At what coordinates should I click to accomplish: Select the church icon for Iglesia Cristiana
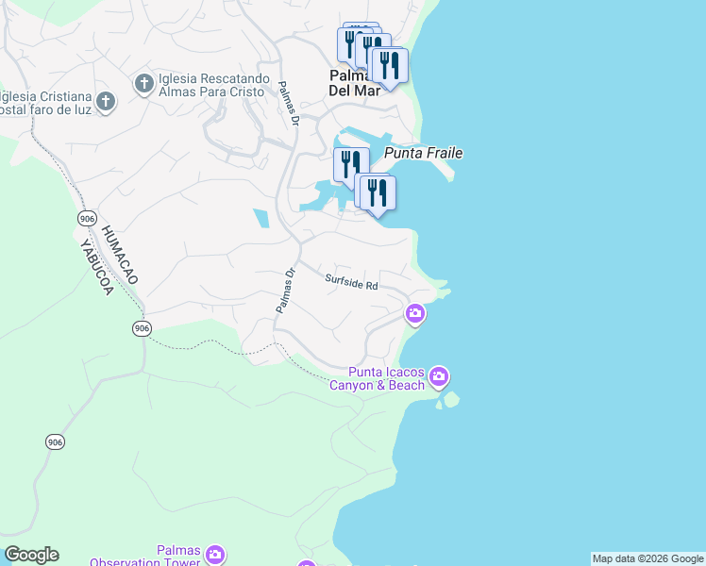pyautogui.click(x=105, y=101)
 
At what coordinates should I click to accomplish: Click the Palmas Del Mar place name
pyautogui.click(x=354, y=83)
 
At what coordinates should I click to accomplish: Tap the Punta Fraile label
pyautogui.click(x=423, y=153)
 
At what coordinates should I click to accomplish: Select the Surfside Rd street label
pyautogui.click(x=351, y=281)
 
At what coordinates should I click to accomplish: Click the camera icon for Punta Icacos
pyautogui.click(x=438, y=377)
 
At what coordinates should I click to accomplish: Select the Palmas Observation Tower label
pyautogui.click(x=145, y=557)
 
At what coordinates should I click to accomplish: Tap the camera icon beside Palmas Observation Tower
pyautogui.click(x=215, y=554)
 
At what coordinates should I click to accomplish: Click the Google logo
pyautogui.click(x=31, y=555)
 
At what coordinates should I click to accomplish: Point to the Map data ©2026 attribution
pyautogui.click(x=647, y=558)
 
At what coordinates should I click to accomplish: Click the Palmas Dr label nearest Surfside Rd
pyautogui.click(x=286, y=291)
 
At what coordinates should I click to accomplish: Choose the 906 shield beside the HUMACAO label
pyautogui.click(x=87, y=218)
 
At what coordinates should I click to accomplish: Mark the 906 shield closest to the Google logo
pyautogui.click(x=55, y=441)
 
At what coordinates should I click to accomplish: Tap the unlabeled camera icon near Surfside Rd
pyautogui.click(x=414, y=313)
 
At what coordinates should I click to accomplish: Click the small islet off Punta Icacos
pyautogui.click(x=450, y=399)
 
